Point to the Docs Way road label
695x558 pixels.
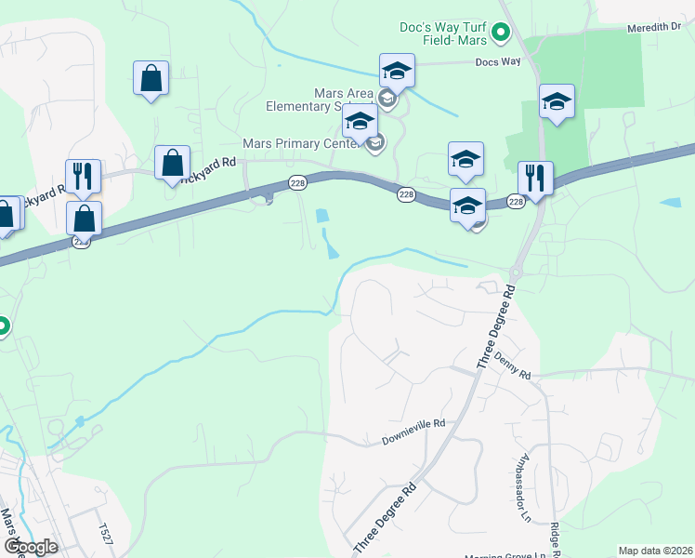[493, 62]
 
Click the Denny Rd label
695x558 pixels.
[512, 367]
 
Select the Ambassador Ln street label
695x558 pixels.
[518, 479]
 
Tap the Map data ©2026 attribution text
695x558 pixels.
[656, 551]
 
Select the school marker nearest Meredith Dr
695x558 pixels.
[557, 100]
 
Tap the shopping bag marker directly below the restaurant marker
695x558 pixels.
[85, 218]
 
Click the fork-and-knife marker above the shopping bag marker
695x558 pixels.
[83, 174]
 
